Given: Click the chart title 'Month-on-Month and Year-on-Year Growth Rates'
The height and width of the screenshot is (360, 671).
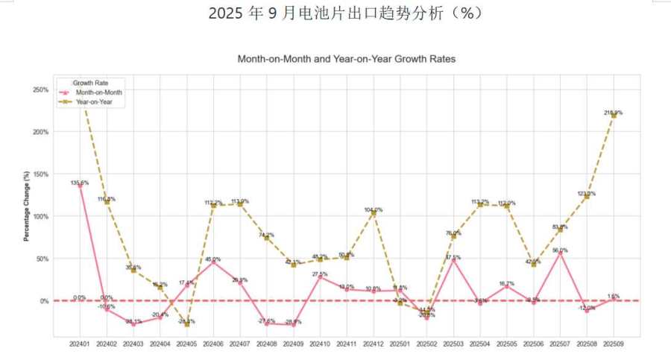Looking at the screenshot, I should click(x=346, y=58).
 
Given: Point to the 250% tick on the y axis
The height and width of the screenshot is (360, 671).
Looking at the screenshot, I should click(x=40, y=89).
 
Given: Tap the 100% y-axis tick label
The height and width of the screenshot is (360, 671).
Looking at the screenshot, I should click(x=40, y=217).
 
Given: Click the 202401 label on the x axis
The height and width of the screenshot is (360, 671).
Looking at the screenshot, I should click(x=80, y=344).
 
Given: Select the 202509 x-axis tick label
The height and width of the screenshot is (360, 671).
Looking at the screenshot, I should click(x=614, y=344).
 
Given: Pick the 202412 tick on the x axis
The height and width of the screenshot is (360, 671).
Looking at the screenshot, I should click(x=374, y=344).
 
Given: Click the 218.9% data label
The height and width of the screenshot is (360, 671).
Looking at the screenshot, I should click(x=614, y=113).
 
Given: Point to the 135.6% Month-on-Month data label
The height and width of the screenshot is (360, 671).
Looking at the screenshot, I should click(x=80, y=183).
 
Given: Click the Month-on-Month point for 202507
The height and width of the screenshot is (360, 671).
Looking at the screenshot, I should click(x=560, y=253).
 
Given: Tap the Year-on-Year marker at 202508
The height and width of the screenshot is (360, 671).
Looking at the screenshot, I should click(x=587, y=197).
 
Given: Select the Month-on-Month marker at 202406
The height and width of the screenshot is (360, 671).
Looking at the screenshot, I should click(x=213, y=262).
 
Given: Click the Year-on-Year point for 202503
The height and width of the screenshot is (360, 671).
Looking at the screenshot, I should click(x=453, y=237).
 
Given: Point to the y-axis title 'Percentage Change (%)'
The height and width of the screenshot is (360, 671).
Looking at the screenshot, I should click(x=27, y=206).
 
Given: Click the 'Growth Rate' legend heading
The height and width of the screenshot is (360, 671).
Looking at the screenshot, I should click(x=88, y=83).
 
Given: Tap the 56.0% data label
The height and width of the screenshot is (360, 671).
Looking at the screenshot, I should click(x=560, y=250).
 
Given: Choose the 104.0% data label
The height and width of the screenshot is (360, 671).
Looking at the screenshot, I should click(x=374, y=209).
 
